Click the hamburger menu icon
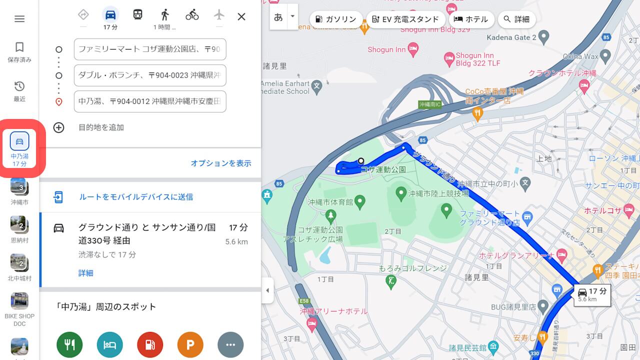pos(19,19)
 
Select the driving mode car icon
pos(110,15)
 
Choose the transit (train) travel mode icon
pos(138,14)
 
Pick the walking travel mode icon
pos(165,15)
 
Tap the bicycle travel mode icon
pos(192,15)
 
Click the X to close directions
pos(241,16)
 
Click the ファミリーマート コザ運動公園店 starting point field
pos(149,49)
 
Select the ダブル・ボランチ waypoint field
pos(149,75)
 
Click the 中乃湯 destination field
pos(149,101)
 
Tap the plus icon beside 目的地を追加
pos(59,127)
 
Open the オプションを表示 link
pos(220,163)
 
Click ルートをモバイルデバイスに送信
pos(136,197)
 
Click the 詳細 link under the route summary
pos(85,273)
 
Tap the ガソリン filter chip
pos(336,19)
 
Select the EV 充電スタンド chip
pos(405,19)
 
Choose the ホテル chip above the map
pos(471,19)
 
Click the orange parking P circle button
pos(190,344)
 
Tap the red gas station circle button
pos(150,344)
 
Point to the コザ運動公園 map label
pos(383,169)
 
